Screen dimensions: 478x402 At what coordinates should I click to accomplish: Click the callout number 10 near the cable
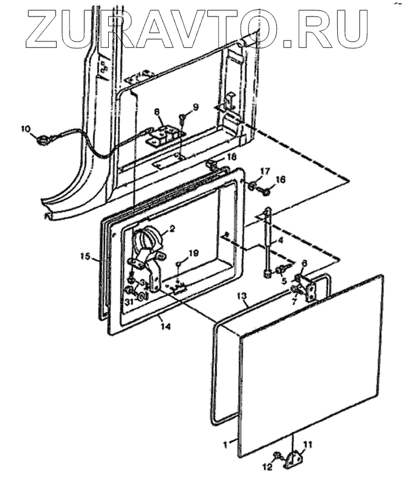25,128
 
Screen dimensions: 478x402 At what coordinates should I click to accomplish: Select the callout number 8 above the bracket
157,112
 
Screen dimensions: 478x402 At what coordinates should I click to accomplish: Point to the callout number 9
196,108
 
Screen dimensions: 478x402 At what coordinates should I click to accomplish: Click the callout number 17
265,171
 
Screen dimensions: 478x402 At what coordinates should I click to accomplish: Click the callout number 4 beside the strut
281,241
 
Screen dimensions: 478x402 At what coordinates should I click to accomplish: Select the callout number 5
283,282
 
